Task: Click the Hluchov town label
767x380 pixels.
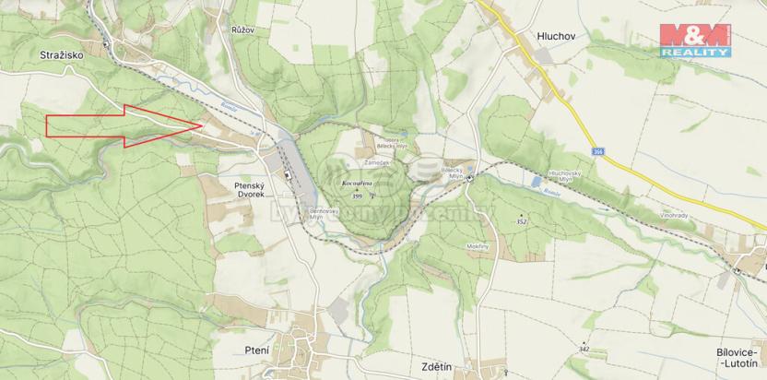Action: click(557, 35)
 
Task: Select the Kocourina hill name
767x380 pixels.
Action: click(358, 184)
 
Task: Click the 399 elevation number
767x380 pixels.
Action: click(358, 196)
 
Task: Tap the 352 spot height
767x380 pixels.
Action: click(522, 222)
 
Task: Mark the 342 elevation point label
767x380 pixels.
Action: click(584, 349)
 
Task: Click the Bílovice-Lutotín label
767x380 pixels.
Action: click(740, 359)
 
